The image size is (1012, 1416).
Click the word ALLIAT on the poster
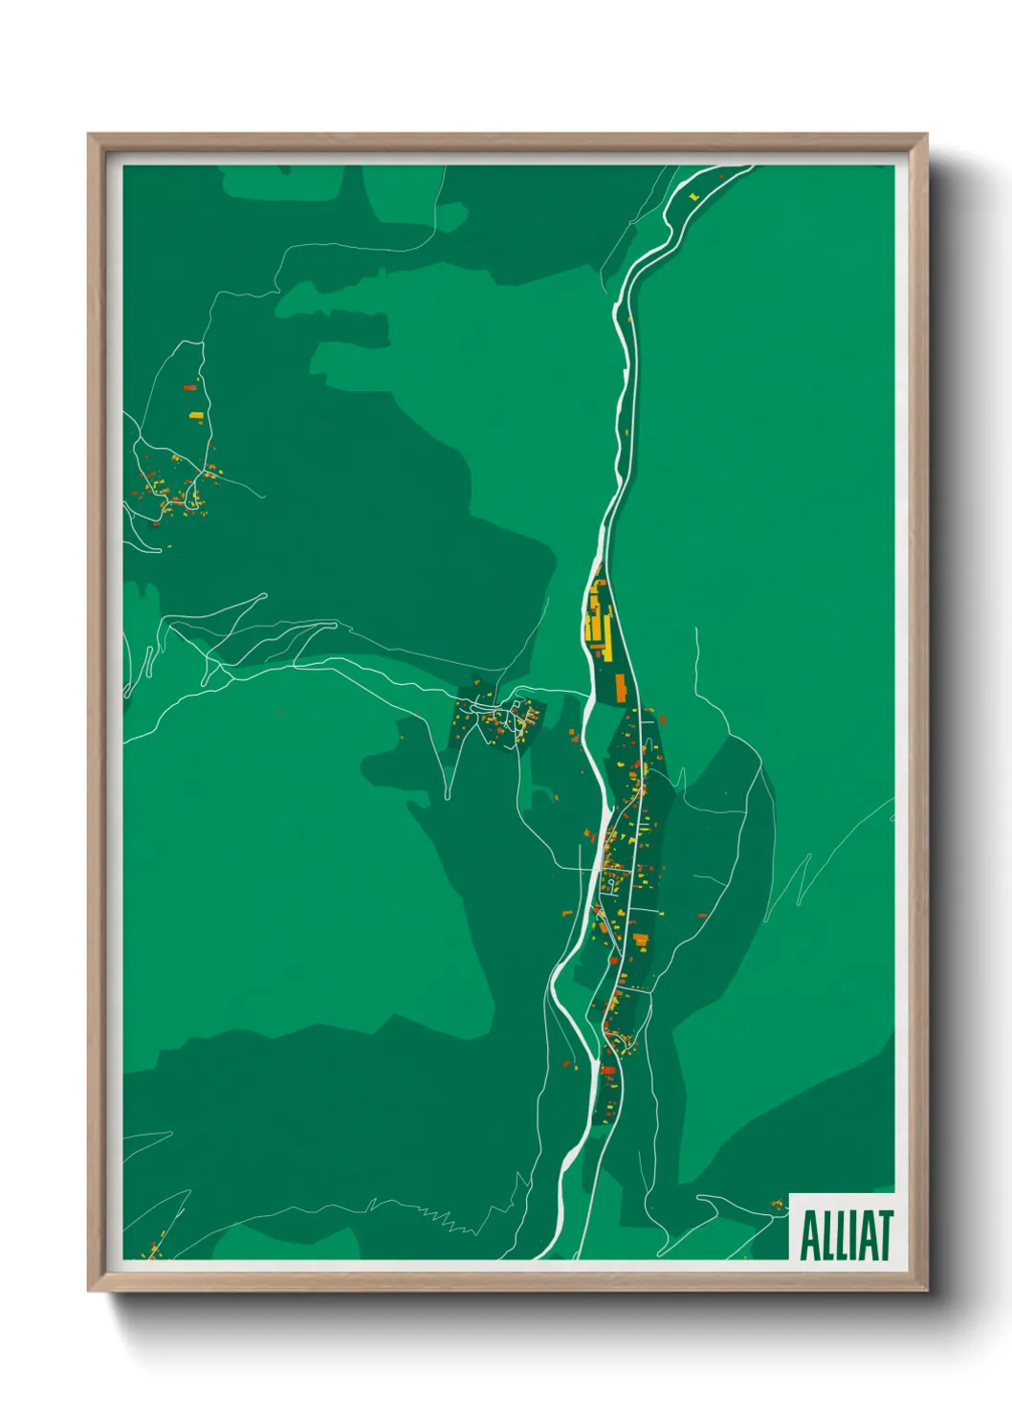click(x=846, y=1235)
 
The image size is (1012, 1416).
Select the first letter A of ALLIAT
click(x=808, y=1235)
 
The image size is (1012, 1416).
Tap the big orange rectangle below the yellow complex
click(x=620, y=686)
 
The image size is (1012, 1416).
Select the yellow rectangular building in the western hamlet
click(x=196, y=415)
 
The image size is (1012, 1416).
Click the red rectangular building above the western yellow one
click(x=188, y=387)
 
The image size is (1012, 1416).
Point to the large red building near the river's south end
click(x=606, y=1070)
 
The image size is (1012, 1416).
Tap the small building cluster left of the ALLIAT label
click(x=774, y=1204)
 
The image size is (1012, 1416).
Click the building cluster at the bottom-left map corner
click(x=153, y=1249)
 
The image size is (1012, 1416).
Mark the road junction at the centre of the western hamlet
click(x=195, y=476)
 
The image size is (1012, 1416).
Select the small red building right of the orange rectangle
click(x=661, y=719)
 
